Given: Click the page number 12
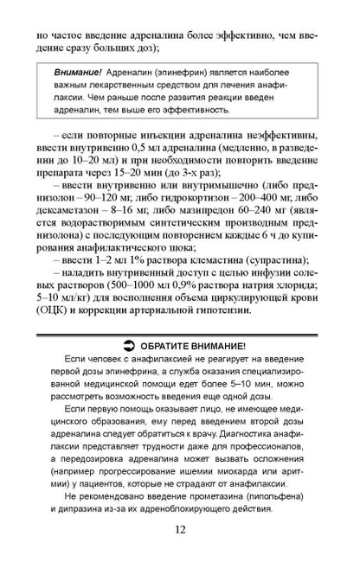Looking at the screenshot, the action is pyautogui.click(x=179, y=532).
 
